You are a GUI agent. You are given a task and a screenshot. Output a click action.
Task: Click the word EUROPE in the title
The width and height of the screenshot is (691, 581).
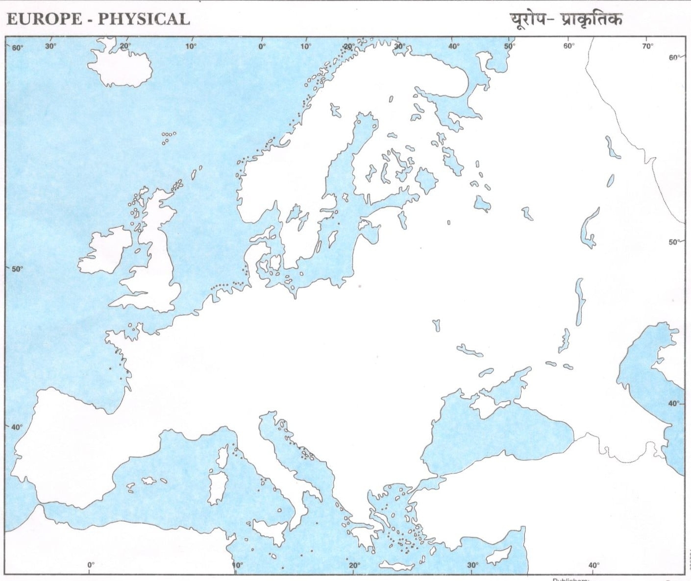tap(44, 19)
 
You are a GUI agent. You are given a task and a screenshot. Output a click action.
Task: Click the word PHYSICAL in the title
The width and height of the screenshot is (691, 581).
tap(143, 19)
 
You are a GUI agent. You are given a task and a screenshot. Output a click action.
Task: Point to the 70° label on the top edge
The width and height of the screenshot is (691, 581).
tap(647, 47)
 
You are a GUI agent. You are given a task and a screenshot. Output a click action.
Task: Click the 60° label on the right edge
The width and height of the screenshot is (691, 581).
tap(675, 57)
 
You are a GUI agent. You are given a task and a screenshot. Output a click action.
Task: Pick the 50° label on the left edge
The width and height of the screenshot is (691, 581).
tap(17, 269)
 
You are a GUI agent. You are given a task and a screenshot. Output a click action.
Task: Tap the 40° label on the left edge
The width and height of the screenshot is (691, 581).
tap(17, 427)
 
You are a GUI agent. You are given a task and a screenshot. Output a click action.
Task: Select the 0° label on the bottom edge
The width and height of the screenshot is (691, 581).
tap(91, 565)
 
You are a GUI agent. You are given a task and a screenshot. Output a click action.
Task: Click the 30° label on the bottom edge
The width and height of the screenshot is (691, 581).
tap(472, 565)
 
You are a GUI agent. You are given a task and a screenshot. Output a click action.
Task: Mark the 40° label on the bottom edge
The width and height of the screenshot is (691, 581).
tap(593, 565)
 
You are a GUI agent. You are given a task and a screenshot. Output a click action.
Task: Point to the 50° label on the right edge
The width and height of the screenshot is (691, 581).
tap(674, 242)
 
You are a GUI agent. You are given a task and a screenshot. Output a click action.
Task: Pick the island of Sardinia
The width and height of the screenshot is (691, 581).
tap(217, 487)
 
